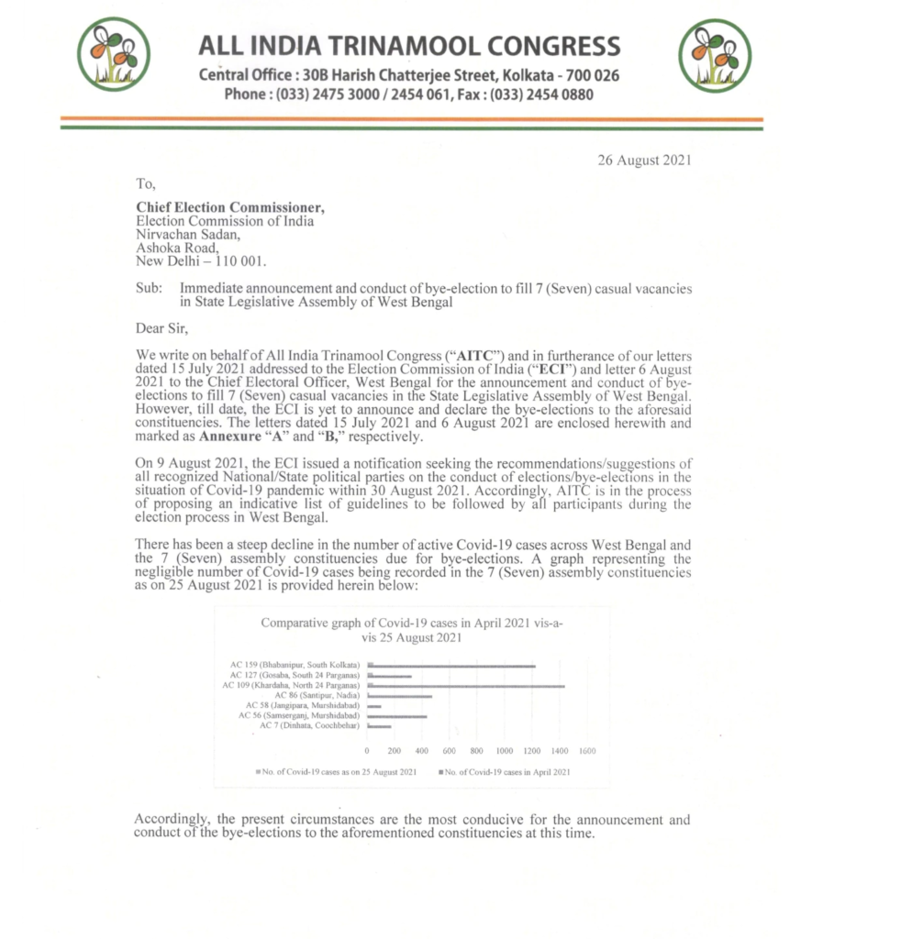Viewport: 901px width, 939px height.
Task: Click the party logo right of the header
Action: (x=714, y=55)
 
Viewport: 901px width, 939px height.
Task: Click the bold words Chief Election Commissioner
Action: (x=230, y=207)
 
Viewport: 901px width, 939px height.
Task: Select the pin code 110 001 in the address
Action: (x=239, y=260)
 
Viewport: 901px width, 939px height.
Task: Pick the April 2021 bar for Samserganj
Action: (x=397, y=716)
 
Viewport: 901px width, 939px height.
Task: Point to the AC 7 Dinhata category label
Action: (x=308, y=726)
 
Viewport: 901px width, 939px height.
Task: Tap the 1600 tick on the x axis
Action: (x=588, y=750)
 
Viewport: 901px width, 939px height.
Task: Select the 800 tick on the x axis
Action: (x=477, y=750)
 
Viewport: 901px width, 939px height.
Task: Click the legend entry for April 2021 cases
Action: (x=505, y=772)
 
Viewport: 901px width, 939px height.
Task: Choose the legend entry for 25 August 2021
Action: (x=339, y=772)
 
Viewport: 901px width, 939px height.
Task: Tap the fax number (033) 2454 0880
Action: (x=542, y=94)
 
